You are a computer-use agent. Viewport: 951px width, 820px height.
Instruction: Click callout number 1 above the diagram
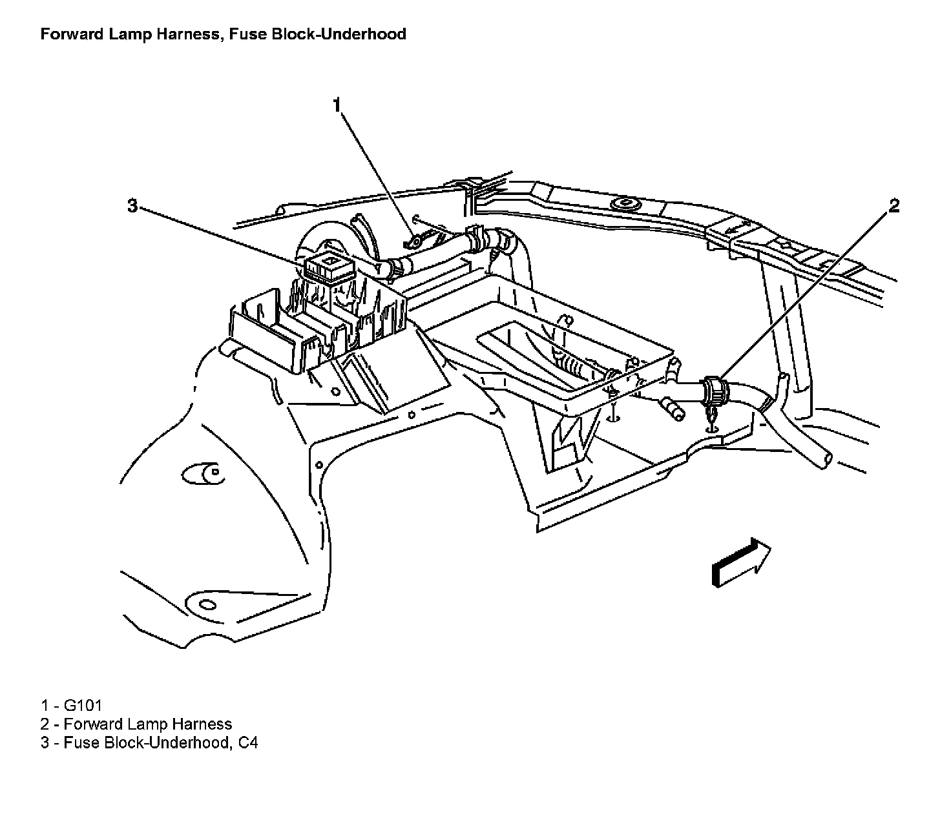[336, 105]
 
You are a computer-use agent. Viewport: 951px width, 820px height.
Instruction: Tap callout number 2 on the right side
[894, 205]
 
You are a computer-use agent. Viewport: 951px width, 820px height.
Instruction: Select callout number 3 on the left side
[132, 205]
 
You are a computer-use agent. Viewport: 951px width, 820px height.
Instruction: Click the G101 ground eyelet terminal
[413, 242]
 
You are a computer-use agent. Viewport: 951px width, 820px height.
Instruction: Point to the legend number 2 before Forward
[45, 724]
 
